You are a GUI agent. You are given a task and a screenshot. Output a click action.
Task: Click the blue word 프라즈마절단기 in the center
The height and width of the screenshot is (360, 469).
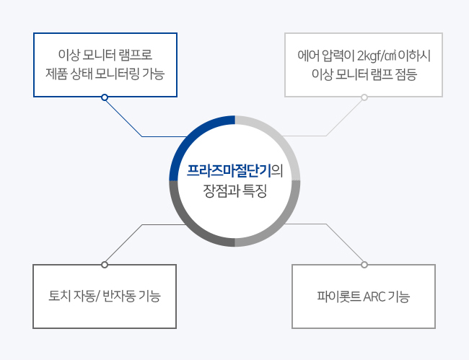[x=229, y=171]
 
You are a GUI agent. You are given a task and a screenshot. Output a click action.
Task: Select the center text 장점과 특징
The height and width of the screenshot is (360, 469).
[x=234, y=190]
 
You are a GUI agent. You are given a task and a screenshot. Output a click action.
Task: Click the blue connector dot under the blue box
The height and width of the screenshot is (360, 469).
[x=105, y=97]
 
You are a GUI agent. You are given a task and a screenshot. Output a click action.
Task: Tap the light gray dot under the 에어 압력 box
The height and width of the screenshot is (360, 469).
[x=364, y=97]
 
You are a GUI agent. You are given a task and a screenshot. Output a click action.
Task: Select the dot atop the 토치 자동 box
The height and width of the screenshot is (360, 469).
[x=105, y=265]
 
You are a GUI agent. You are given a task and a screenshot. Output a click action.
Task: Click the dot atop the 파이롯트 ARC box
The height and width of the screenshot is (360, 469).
[x=364, y=265]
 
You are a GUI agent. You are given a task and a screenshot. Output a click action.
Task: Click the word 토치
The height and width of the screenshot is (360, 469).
[x=59, y=296]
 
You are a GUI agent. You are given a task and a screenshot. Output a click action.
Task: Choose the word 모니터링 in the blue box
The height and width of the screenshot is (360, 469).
[x=117, y=74]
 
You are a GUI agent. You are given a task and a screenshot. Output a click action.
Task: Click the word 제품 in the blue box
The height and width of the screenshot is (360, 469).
[x=56, y=74]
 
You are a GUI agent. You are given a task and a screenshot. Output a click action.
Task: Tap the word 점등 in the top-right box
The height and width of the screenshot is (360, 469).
[x=406, y=74]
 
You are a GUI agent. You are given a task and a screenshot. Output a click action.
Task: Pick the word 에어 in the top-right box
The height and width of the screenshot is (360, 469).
[x=308, y=56]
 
